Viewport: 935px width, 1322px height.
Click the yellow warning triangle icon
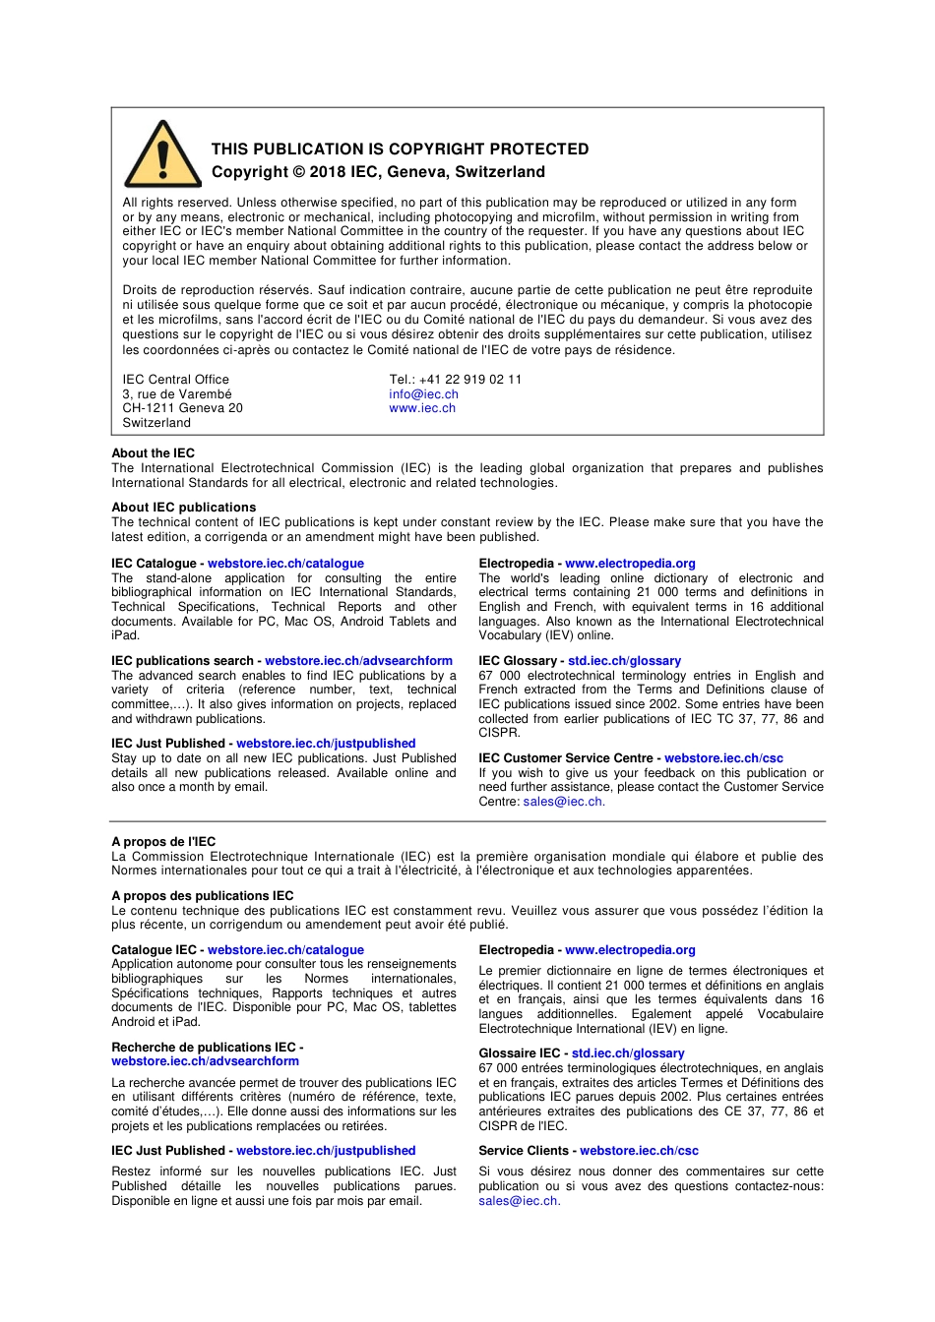point(162,155)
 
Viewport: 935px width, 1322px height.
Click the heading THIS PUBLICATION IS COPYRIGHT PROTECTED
point(400,150)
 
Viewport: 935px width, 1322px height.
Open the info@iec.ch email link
point(423,394)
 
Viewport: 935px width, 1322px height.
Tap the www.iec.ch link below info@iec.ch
point(422,408)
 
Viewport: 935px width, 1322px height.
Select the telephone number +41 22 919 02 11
point(469,380)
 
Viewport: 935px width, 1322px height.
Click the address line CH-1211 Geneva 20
point(182,408)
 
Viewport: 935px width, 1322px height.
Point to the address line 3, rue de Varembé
point(177,394)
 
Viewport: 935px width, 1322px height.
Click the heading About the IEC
point(154,453)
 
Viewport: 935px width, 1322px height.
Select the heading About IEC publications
point(183,508)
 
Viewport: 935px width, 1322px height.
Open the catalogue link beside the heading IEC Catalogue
point(285,564)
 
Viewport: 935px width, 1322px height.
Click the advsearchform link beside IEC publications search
point(358,661)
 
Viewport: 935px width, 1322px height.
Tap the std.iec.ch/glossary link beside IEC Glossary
point(624,661)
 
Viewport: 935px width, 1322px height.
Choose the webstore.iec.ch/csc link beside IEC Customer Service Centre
point(723,758)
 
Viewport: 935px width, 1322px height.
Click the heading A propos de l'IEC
point(163,842)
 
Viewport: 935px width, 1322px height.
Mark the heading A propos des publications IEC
point(203,896)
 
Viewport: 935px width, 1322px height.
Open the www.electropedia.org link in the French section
point(630,950)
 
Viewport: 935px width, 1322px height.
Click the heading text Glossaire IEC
point(519,1053)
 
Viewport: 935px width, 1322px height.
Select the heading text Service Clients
point(524,1151)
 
